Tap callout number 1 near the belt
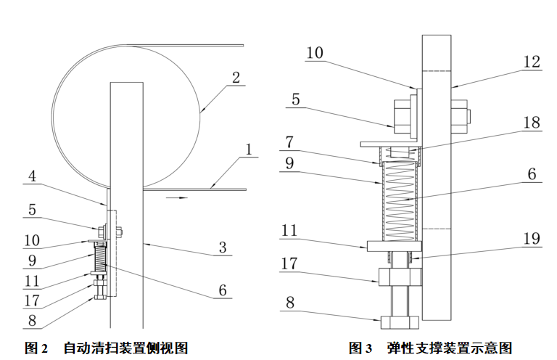pyautogui.click(x=249, y=151)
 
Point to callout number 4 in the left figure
pyautogui.click(x=33, y=176)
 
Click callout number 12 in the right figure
pyautogui.click(x=532, y=62)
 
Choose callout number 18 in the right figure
pyautogui.click(x=532, y=122)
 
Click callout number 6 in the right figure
pyautogui.click(x=532, y=174)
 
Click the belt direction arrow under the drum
pyautogui.click(x=178, y=196)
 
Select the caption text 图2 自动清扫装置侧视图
pyautogui.click(x=107, y=348)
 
